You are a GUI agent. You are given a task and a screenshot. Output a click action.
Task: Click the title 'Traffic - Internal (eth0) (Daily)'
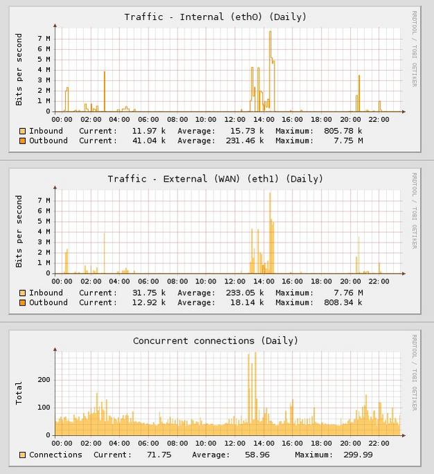pyautogui.click(x=215, y=17)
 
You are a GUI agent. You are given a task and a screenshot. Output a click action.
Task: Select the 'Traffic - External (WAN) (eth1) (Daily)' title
pyautogui.click(x=215, y=179)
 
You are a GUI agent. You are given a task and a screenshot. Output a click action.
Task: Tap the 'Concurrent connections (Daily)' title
pyautogui.click(x=215, y=341)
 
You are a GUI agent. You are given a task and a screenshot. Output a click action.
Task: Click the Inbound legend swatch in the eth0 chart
pyautogui.click(x=23, y=131)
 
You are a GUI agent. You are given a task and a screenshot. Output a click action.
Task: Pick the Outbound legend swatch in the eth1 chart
pyautogui.click(x=23, y=303)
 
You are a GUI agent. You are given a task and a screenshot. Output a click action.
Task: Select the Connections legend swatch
pyautogui.click(x=23, y=455)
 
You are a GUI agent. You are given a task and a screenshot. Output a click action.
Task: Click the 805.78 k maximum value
pyautogui.click(x=342, y=131)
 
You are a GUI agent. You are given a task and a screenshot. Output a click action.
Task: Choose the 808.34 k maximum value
pyautogui.click(x=342, y=303)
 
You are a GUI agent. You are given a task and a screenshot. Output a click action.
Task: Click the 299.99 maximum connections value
pyautogui.click(x=358, y=455)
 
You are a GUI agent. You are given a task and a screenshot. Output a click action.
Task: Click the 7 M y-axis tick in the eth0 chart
pyautogui.click(x=44, y=39)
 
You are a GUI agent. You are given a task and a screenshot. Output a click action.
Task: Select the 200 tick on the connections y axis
pyautogui.click(x=44, y=380)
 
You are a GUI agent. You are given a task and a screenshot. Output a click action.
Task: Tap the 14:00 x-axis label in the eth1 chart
pyautogui.click(x=263, y=281)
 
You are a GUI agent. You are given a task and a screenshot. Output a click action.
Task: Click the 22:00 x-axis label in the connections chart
pyautogui.click(x=379, y=444)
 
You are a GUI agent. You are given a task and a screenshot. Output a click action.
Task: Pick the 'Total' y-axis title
pyautogui.click(x=19, y=393)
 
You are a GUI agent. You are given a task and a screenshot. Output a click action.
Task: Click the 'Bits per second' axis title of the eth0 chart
pyautogui.click(x=19, y=69)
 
